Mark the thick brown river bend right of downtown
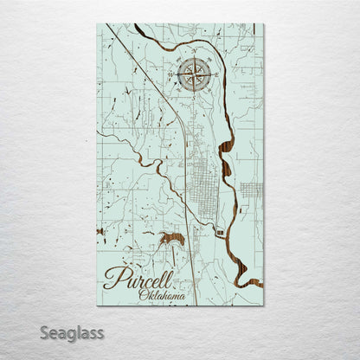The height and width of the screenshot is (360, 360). pyautogui.click(x=227, y=164)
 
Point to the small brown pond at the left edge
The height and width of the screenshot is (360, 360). pyautogui.click(x=101, y=231)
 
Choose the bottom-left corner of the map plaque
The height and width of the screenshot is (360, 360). pyautogui.click(x=97, y=305)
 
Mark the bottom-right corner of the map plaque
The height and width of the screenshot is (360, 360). pyautogui.click(x=263, y=305)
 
